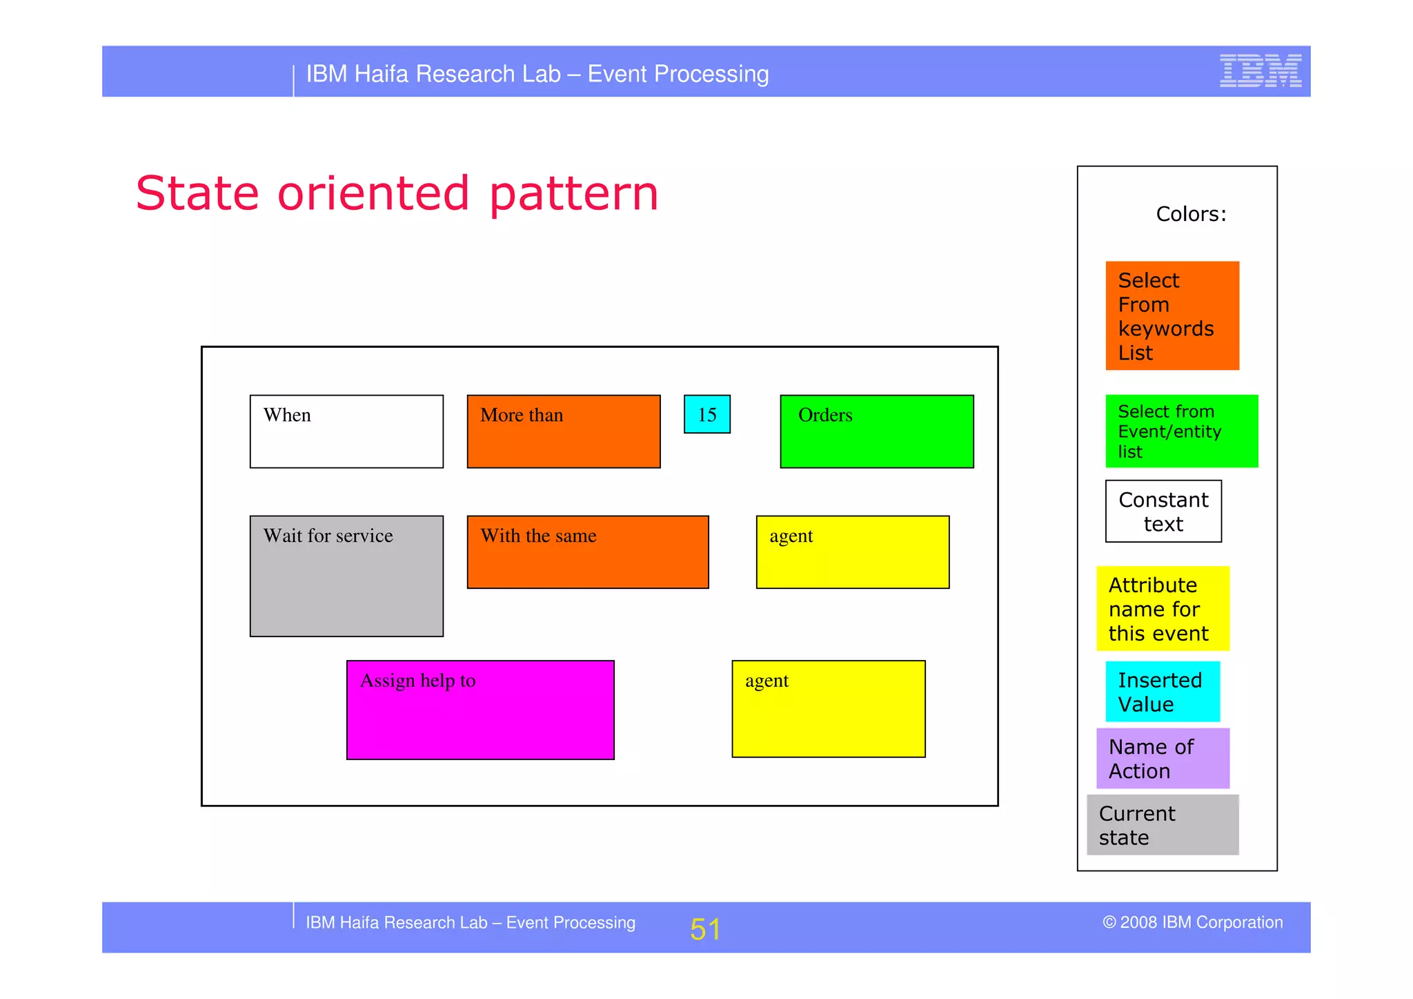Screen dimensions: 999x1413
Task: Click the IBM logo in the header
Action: [x=1260, y=71]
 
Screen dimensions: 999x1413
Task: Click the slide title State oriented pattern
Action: [x=397, y=193]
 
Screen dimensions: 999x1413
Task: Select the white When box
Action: [x=346, y=431]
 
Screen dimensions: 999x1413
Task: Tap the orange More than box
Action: [x=563, y=431]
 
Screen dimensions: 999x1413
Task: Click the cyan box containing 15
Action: [x=706, y=414]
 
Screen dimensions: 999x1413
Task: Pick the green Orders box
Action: [x=876, y=431]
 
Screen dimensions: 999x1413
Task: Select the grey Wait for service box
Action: [x=346, y=576]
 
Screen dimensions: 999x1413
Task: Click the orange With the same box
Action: [x=587, y=552]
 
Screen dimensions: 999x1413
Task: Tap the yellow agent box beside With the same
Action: [x=852, y=552]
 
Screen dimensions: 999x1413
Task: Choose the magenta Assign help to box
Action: [x=480, y=710]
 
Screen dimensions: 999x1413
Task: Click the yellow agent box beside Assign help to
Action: [x=828, y=709]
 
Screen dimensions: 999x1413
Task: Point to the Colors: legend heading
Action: [x=1191, y=214]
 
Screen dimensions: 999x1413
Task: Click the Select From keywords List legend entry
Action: [x=1172, y=316]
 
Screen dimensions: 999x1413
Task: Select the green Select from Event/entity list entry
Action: [x=1181, y=431]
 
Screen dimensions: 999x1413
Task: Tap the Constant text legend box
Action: [x=1163, y=512]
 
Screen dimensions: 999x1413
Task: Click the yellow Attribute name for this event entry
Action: [x=1163, y=609]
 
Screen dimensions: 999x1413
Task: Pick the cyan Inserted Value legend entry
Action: [x=1162, y=692]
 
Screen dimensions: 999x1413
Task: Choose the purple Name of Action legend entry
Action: [x=1163, y=758]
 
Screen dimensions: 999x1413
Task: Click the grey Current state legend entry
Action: [x=1163, y=825]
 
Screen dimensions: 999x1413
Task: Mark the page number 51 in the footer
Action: [x=704, y=929]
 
